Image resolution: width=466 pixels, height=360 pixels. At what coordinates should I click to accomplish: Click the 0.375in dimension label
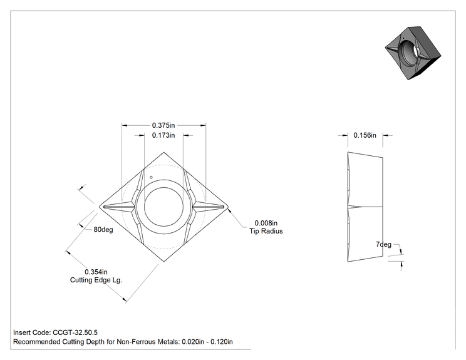(163, 125)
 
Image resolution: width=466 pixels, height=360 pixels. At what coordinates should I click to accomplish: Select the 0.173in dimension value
(163, 135)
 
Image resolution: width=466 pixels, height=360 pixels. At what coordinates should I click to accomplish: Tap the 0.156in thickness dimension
(365, 135)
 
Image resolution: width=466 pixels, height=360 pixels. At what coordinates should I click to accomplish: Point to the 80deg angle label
(103, 230)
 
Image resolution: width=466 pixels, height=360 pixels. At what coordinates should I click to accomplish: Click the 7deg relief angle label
(383, 244)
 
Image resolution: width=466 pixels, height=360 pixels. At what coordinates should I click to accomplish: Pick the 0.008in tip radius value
(266, 223)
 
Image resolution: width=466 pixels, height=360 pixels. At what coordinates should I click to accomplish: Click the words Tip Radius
(266, 231)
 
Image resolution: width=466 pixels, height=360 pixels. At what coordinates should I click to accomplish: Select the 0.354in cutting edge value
(96, 272)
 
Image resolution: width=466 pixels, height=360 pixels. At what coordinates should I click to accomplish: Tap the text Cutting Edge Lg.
(96, 280)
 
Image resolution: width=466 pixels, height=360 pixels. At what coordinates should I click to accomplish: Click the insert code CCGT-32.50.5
(75, 332)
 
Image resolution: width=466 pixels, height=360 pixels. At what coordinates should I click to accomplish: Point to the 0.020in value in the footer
(193, 342)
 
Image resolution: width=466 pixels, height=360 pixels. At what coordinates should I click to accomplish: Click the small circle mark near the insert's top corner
(151, 177)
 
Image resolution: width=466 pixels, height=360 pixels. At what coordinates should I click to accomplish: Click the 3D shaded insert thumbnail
(413, 53)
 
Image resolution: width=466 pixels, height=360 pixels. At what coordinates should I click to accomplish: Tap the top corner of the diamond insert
(163, 152)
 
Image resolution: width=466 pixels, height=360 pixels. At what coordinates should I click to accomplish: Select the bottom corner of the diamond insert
(163, 262)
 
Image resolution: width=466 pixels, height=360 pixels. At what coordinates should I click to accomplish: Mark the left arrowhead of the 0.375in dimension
(125, 125)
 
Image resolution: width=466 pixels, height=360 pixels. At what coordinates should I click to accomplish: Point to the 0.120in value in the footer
(221, 342)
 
